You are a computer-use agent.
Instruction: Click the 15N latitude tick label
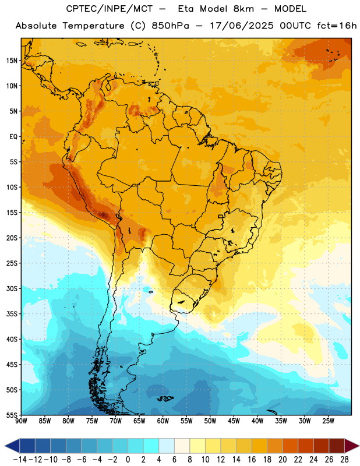(x=12, y=61)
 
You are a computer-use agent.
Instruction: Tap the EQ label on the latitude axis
(x=13, y=137)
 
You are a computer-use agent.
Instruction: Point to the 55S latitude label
(x=12, y=415)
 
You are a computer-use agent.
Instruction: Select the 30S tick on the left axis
(x=12, y=288)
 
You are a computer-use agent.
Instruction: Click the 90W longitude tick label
(x=21, y=421)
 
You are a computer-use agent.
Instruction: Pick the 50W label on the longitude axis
(x=210, y=421)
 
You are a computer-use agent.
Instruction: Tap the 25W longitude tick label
(x=328, y=421)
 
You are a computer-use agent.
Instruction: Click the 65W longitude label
(x=139, y=421)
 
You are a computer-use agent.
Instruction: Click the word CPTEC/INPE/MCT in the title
(x=110, y=9)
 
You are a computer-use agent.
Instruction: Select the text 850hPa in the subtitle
(x=170, y=26)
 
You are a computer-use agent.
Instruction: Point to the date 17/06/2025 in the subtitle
(x=242, y=26)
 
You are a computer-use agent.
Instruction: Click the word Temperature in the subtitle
(x=93, y=26)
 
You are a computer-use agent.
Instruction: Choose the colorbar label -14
(x=20, y=460)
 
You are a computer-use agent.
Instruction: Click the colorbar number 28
(x=344, y=460)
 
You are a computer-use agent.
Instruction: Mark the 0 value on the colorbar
(x=128, y=460)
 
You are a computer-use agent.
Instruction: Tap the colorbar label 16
(x=252, y=460)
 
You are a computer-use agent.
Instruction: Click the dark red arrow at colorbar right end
(x=352, y=446)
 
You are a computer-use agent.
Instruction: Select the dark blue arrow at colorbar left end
(x=12, y=446)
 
